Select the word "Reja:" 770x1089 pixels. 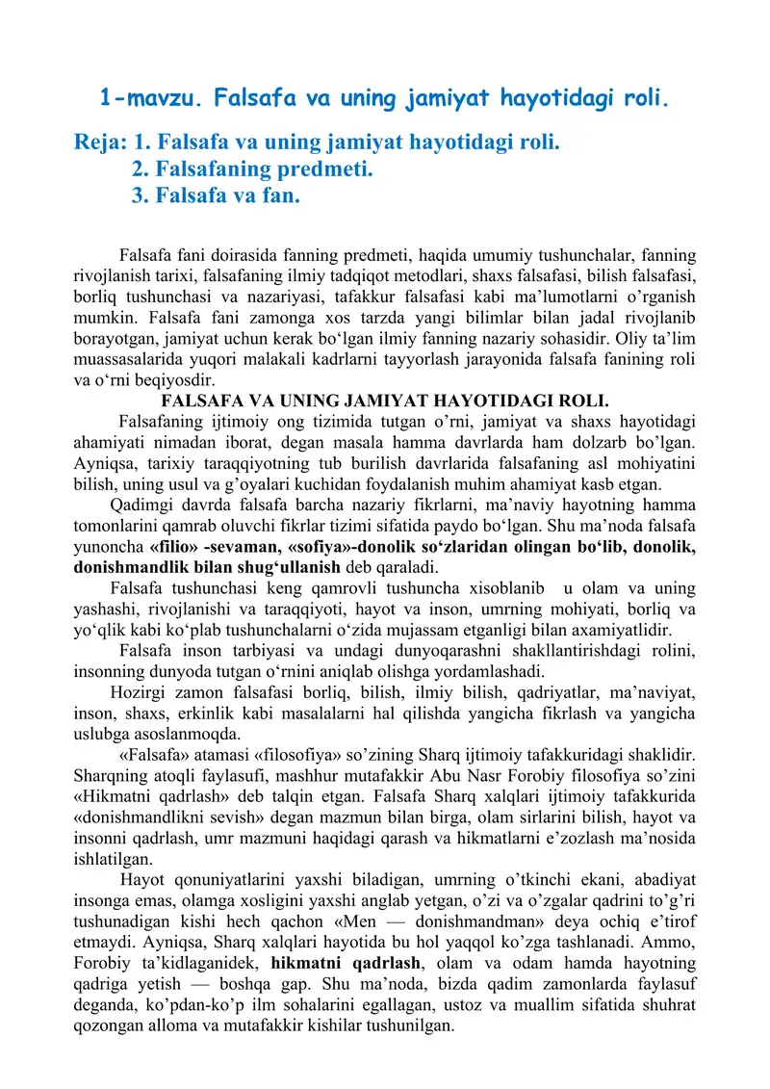pos(100,143)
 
